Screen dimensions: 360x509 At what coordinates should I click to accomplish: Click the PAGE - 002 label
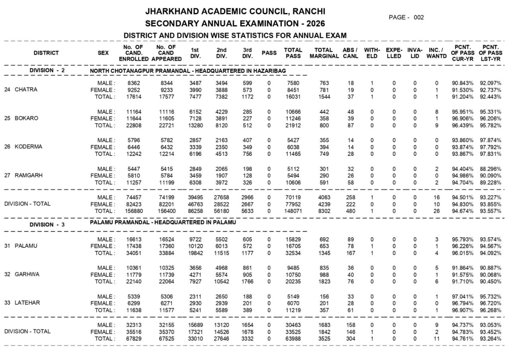click(x=406, y=17)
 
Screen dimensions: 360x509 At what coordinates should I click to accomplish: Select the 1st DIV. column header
click(x=195, y=53)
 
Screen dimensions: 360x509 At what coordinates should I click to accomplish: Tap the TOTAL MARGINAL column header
click(x=323, y=53)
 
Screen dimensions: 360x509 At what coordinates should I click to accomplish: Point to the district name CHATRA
click(x=26, y=90)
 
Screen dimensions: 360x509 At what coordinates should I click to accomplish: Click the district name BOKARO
click(x=26, y=118)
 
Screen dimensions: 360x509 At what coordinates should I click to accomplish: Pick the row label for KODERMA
click(x=28, y=147)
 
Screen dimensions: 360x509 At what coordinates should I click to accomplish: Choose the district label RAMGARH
click(x=29, y=175)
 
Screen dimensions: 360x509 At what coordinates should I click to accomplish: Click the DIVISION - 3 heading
click(x=47, y=225)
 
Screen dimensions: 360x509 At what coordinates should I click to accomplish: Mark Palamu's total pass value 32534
click(x=293, y=253)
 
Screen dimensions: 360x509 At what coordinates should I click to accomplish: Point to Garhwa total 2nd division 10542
click(x=221, y=282)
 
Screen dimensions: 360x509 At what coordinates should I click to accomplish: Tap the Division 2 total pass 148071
click(x=293, y=211)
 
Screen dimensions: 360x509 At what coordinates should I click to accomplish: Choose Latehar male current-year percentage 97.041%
click(x=462, y=296)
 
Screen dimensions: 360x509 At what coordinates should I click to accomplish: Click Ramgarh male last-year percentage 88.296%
click(x=490, y=169)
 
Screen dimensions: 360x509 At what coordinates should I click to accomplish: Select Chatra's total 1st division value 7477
click(x=195, y=97)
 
